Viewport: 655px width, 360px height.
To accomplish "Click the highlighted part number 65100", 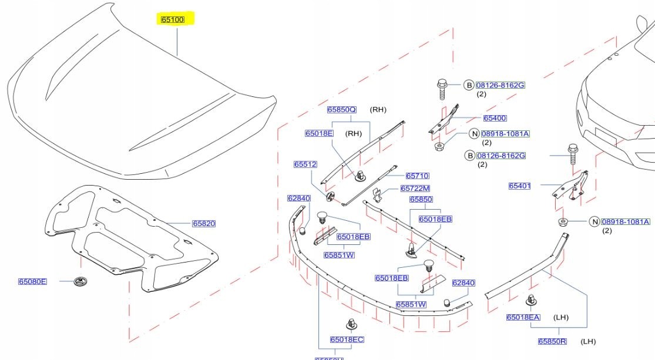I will (x=173, y=20).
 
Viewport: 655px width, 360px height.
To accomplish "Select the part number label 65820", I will (x=204, y=223).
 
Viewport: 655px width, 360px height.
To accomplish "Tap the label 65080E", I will (x=32, y=282).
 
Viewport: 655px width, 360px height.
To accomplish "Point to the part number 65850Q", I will (x=342, y=110).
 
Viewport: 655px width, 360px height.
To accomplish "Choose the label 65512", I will (x=305, y=164).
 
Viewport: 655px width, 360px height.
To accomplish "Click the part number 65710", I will (x=417, y=176).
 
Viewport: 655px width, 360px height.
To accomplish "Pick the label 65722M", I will (x=415, y=189).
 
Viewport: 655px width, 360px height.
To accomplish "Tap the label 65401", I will (x=520, y=186).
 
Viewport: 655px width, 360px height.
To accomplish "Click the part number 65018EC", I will (x=347, y=339).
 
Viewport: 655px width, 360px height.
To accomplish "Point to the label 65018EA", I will (x=523, y=318).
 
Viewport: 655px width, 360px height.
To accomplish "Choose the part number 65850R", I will (x=552, y=341).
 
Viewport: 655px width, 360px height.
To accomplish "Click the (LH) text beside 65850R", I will (x=589, y=341).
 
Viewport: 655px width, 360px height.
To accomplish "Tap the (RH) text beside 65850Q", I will (x=378, y=110).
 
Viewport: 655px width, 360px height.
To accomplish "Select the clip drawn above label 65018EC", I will (x=351, y=323).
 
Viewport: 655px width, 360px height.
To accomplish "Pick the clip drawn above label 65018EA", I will (x=532, y=300).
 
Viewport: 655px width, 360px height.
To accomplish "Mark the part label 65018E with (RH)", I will (x=319, y=133).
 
